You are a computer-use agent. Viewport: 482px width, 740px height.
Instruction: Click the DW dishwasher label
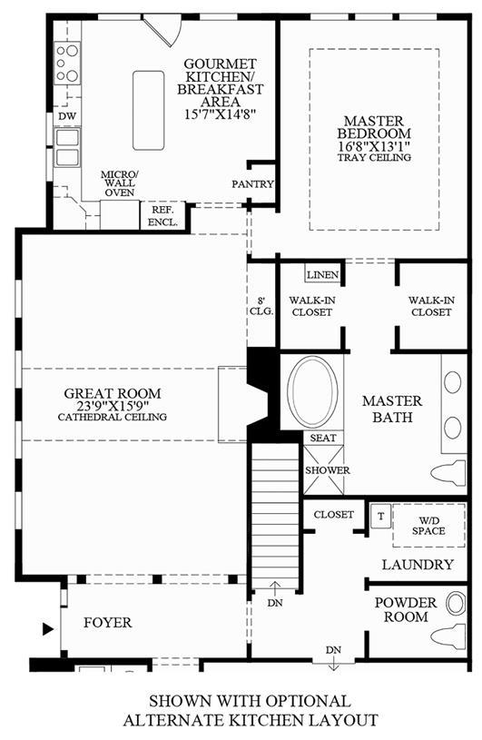pos(67,116)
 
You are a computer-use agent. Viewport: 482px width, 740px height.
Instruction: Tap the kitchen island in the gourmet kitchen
pos(149,111)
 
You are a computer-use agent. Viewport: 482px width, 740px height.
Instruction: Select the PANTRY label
pos(252,184)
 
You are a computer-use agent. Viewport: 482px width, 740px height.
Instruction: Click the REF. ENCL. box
pos(162,216)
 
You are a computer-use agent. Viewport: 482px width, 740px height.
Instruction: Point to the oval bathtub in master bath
pos(312,392)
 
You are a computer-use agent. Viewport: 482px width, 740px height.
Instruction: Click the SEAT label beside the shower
pos(323,438)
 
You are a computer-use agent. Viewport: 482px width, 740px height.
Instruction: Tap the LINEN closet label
pos(323,275)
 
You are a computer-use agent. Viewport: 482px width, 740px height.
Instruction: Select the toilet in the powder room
pos(448,636)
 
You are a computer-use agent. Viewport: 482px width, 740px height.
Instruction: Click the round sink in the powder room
pos(456,603)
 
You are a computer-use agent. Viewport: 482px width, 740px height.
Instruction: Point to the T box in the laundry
pos(380,516)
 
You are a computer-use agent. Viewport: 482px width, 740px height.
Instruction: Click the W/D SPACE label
pos(428,526)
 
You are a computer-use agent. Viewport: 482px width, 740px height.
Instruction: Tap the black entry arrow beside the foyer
pos(47,629)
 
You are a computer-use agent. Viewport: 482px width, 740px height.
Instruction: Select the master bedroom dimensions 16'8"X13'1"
pos(374,146)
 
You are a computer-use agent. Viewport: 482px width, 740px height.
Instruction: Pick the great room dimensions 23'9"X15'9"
pos(113,406)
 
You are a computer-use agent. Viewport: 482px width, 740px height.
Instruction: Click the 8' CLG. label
pos(261,306)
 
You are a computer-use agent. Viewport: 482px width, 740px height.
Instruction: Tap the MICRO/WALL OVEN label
pos(120,183)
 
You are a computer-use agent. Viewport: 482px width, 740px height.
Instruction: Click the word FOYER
pos(108,623)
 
